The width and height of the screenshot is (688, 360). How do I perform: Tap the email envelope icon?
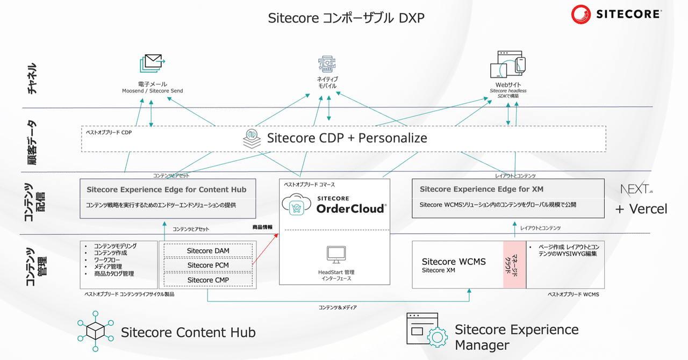tap(152, 64)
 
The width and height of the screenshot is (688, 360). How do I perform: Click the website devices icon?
tap(507, 64)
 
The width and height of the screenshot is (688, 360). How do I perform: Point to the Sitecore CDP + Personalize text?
tap(347, 138)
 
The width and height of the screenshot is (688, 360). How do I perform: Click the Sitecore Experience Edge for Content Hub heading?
tap(167, 190)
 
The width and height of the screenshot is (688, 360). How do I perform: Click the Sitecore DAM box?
tap(207, 251)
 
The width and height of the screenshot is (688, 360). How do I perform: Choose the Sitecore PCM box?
tap(207, 265)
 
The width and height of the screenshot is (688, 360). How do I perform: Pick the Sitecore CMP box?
tap(207, 280)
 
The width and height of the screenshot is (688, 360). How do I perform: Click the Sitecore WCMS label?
tap(454, 262)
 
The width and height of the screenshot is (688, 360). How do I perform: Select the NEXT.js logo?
tap(636, 189)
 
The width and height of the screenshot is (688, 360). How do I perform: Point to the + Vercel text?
tap(641, 209)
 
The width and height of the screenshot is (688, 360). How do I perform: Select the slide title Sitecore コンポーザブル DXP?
tap(346, 19)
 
